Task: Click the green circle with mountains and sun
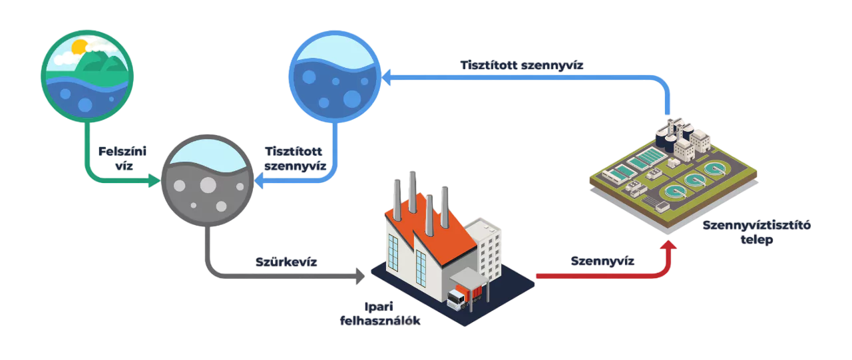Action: [x=87, y=75]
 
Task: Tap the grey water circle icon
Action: [x=206, y=181]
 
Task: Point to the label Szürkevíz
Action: [x=287, y=262]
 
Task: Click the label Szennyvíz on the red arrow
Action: [x=602, y=261]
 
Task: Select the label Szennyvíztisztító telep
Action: [x=756, y=232]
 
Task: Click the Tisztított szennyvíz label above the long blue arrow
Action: [x=523, y=65]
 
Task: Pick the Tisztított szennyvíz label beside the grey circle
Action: [x=294, y=158]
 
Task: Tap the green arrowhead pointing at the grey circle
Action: [x=154, y=180]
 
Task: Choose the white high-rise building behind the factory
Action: [x=485, y=246]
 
